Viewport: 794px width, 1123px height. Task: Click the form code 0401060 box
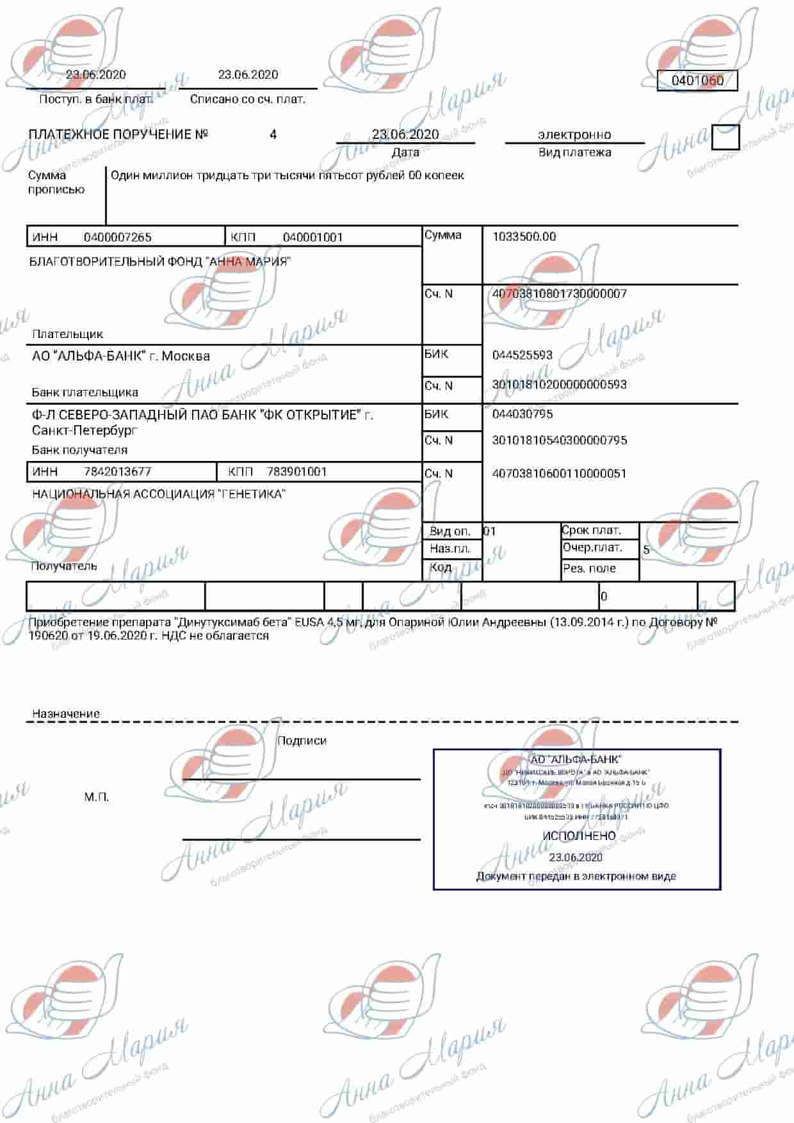[x=697, y=81]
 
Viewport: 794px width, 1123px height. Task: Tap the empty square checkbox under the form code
[x=725, y=137]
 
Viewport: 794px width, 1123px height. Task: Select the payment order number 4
[x=273, y=134]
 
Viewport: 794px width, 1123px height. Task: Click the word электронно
[x=574, y=134]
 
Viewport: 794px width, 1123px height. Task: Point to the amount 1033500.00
[x=524, y=236]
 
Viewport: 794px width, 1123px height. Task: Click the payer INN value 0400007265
[x=118, y=237]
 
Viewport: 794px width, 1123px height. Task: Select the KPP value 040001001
[x=313, y=237]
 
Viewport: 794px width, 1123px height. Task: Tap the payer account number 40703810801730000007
[x=559, y=294]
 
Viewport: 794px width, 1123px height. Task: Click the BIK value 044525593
[x=523, y=355]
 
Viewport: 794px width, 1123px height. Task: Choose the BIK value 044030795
[x=523, y=414]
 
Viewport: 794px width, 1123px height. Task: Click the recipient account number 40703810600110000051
[x=559, y=474]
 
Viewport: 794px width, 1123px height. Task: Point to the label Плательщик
[x=67, y=334]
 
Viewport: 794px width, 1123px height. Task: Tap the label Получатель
[x=64, y=566]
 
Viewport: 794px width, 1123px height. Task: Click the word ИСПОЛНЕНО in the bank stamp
[x=579, y=836]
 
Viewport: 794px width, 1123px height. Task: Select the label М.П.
[x=97, y=797]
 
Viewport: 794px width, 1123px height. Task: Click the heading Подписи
[x=302, y=741]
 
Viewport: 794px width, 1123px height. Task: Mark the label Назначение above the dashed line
[x=66, y=714]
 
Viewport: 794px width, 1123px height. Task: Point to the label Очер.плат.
[x=592, y=548]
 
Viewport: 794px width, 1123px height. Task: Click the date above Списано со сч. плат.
[x=248, y=75]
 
